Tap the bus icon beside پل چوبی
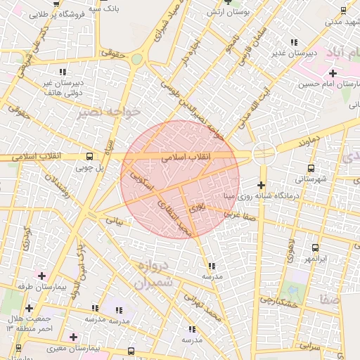point(89,156)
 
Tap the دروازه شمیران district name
point(150,276)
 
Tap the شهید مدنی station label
point(342,21)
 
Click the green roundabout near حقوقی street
point(136,59)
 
